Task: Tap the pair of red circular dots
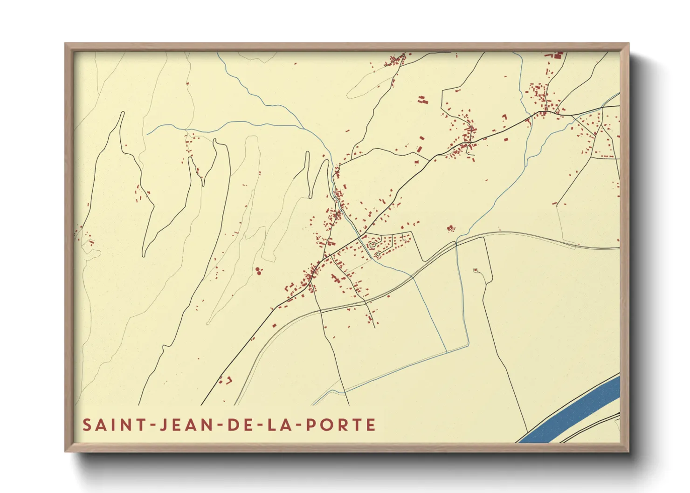point(259,270)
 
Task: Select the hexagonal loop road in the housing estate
point(373,244)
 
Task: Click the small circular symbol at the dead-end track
point(476,270)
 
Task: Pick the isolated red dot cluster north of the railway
point(450,228)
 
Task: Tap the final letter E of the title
point(371,425)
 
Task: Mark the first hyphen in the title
point(151,425)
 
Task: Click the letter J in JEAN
point(163,425)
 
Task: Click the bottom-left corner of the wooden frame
point(66,451)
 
